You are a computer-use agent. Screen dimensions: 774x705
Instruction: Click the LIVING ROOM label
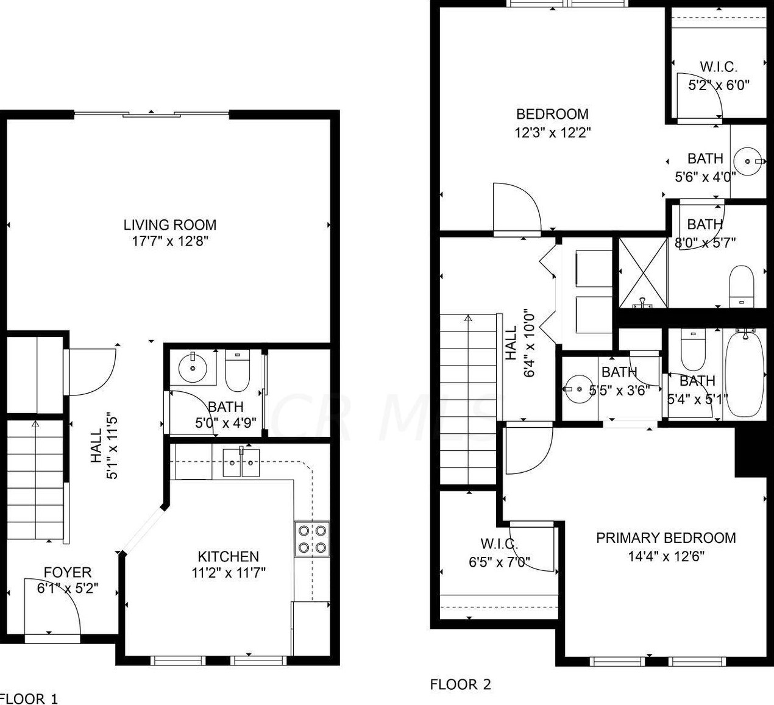click(x=170, y=225)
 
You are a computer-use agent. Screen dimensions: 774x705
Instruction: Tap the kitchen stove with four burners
click(x=312, y=539)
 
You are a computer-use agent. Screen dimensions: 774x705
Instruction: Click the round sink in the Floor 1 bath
click(x=193, y=368)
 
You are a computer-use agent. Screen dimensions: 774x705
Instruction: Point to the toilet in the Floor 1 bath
click(x=237, y=370)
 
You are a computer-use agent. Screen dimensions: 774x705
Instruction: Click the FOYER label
click(x=68, y=572)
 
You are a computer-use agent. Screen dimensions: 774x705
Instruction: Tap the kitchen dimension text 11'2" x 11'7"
click(x=229, y=573)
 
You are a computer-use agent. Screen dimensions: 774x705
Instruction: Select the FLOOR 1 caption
click(x=29, y=698)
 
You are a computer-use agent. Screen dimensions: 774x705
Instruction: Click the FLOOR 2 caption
click(x=460, y=684)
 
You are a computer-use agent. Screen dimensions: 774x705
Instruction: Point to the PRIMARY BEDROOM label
click(x=666, y=538)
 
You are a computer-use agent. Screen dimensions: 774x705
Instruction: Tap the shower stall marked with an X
click(x=643, y=273)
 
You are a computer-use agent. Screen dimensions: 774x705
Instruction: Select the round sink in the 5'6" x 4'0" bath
click(x=748, y=161)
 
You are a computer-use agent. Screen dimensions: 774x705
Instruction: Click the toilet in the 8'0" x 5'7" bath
click(x=742, y=286)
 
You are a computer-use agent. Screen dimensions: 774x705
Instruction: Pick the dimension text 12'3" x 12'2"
click(x=553, y=133)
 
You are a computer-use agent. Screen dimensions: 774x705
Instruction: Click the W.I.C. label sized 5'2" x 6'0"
click(x=719, y=67)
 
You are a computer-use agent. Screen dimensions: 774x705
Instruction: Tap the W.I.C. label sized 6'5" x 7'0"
click(x=499, y=544)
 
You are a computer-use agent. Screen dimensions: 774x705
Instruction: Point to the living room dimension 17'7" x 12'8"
click(x=170, y=241)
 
